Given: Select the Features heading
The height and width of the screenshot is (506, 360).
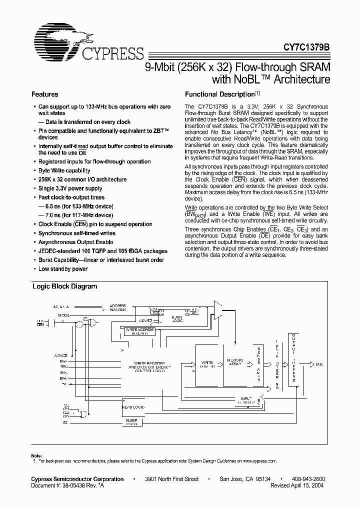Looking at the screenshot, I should tap(45, 94).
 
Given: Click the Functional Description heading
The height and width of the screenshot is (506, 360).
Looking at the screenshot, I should tap(220, 94).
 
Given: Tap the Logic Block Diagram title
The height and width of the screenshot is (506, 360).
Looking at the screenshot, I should tap(64, 286).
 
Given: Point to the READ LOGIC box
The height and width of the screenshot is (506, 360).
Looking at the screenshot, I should tap(133, 407).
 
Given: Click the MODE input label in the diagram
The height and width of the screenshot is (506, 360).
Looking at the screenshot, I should tap(64, 315).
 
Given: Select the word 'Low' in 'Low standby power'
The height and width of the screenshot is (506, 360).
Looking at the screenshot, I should tap(44, 269).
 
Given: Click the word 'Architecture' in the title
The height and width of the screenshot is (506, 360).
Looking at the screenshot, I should tap(300, 79).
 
